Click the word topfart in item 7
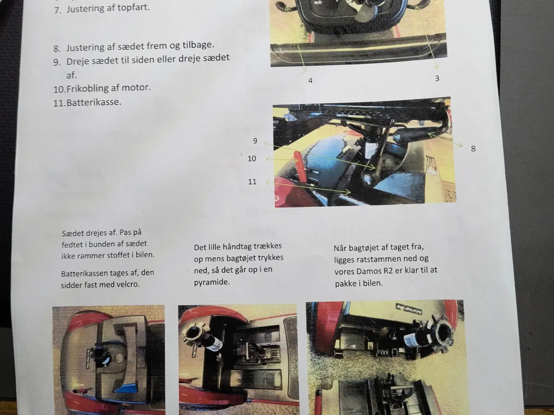point(133,8)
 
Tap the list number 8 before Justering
point(57,48)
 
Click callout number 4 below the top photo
point(310,81)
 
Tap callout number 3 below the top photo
point(437,78)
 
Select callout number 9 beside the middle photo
point(255,140)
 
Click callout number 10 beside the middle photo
point(252,159)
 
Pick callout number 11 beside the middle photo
point(252,182)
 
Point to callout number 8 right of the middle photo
point(473,149)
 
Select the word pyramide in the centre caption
point(212,282)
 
